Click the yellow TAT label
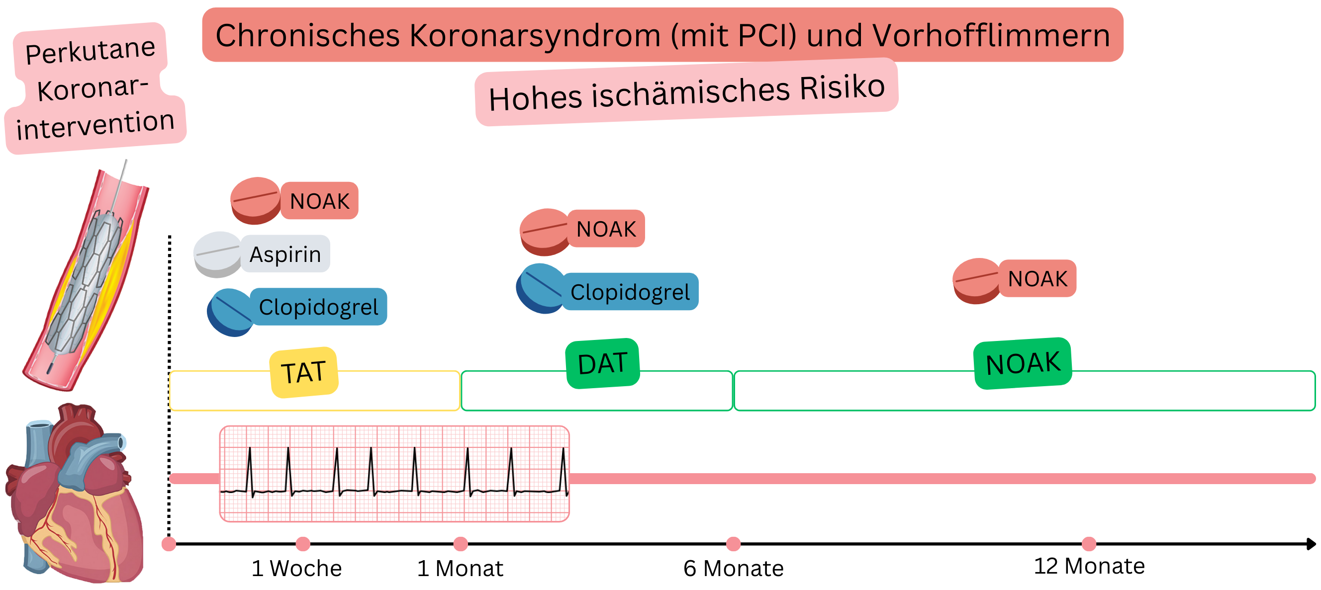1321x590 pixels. pyautogui.click(x=303, y=372)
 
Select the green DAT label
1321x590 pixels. pyautogui.click(x=602, y=363)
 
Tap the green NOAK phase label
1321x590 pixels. pyautogui.click(x=1023, y=363)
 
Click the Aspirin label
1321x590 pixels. pyautogui.click(x=285, y=254)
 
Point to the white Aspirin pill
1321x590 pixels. pyautogui.click(x=217, y=254)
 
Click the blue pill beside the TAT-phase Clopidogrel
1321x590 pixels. pyautogui.click(x=230, y=312)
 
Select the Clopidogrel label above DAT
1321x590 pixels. pyautogui.click(x=630, y=292)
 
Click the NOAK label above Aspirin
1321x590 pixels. pyautogui.click(x=319, y=201)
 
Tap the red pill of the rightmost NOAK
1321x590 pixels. pyautogui.click(x=976, y=280)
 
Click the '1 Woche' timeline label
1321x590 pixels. pyautogui.click(x=296, y=568)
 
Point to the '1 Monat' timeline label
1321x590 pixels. pyautogui.click(x=460, y=568)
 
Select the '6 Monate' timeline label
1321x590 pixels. pyautogui.click(x=733, y=568)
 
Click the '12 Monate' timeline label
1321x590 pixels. pyautogui.click(x=1089, y=566)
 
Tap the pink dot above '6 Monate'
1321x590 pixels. pyautogui.click(x=733, y=544)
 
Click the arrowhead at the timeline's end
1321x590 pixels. pyautogui.click(x=1311, y=544)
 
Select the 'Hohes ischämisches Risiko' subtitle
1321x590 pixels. pyautogui.click(x=687, y=92)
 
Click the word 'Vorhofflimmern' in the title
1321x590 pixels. pyautogui.click(x=991, y=35)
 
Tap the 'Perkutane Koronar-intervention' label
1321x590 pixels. pyautogui.click(x=95, y=88)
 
